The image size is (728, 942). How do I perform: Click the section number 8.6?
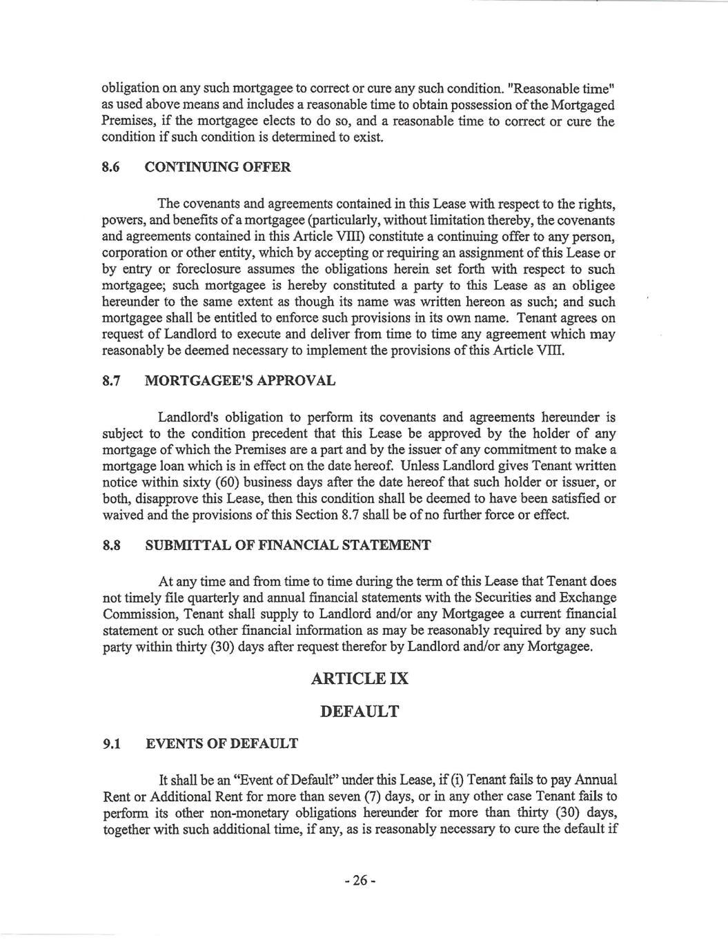pos(112,167)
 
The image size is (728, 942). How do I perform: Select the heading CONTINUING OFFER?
pos(218,167)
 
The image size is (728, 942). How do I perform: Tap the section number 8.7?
pos(112,380)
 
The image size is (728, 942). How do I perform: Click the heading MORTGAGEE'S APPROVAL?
pos(241,380)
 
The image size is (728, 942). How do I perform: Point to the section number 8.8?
pos(112,545)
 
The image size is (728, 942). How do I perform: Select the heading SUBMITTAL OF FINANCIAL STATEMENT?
pos(288,545)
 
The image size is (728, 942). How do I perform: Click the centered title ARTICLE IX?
pos(360,678)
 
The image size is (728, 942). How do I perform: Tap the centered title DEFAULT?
pos(360,711)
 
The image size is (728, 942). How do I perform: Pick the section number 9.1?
pos(112,743)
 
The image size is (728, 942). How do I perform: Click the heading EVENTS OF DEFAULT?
pos(222,743)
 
